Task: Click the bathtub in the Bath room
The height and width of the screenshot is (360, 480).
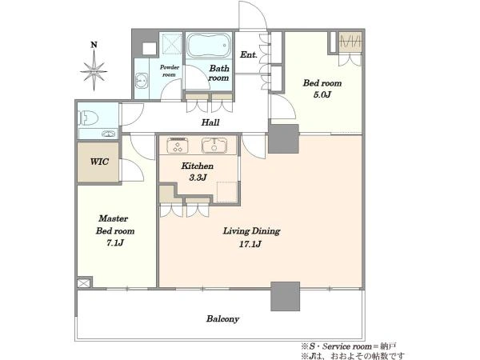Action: point(209,46)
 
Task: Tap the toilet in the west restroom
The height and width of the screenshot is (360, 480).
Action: point(88,118)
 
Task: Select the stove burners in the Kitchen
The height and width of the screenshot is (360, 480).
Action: point(178,146)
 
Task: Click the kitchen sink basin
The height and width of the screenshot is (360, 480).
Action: point(214,146)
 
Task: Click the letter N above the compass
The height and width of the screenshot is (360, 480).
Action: point(94,45)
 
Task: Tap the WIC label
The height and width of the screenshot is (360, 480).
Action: point(99,162)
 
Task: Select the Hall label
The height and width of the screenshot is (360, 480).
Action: point(210,122)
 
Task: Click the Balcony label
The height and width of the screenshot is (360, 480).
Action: point(222,318)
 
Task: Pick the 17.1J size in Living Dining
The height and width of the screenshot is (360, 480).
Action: point(250,244)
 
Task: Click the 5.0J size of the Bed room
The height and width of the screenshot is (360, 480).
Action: point(322,94)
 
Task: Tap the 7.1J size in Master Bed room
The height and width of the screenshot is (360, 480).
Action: point(115,242)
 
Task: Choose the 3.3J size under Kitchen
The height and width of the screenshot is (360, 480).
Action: point(198,178)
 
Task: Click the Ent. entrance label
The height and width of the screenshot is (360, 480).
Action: point(249,54)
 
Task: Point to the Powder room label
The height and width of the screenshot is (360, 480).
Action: point(170,70)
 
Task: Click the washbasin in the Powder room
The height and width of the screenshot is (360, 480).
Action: point(141,81)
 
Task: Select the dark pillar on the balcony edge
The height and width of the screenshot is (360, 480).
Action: point(285,296)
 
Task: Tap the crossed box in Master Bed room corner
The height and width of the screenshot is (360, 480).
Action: point(84,282)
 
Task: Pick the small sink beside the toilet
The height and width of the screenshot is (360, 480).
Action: point(110,134)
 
